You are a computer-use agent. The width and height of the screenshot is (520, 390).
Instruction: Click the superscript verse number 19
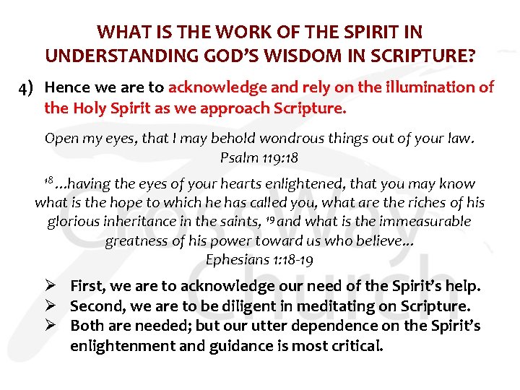point(275,220)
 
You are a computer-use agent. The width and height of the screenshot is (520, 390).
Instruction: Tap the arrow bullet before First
point(56,287)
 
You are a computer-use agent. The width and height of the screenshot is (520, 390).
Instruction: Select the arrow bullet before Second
point(56,306)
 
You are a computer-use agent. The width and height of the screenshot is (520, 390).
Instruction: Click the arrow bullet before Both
point(56,326)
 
